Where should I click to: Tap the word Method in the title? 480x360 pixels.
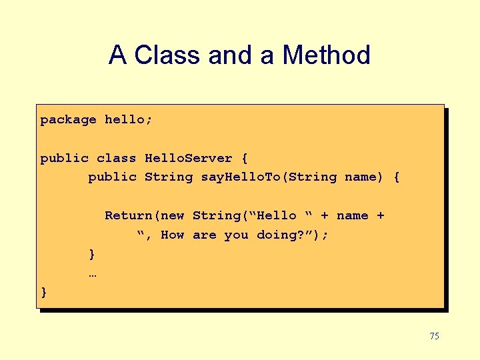click(326, 55)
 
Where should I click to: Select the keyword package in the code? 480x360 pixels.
click(68, 120)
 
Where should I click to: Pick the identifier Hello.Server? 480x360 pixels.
click(188, 159)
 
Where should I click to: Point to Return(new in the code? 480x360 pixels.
click(144, 216)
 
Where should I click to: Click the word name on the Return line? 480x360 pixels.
click(352, 216)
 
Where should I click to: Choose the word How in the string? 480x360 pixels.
click(173, 235)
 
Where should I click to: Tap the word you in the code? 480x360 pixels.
click(236, 235)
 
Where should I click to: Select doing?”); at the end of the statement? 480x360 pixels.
click(292, 235)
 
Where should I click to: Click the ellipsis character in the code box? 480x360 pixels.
click(92, 273)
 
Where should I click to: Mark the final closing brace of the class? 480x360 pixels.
click(44, 292)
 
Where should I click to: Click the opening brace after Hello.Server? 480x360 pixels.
click(245, 159)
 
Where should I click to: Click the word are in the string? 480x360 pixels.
click(204, 235)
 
